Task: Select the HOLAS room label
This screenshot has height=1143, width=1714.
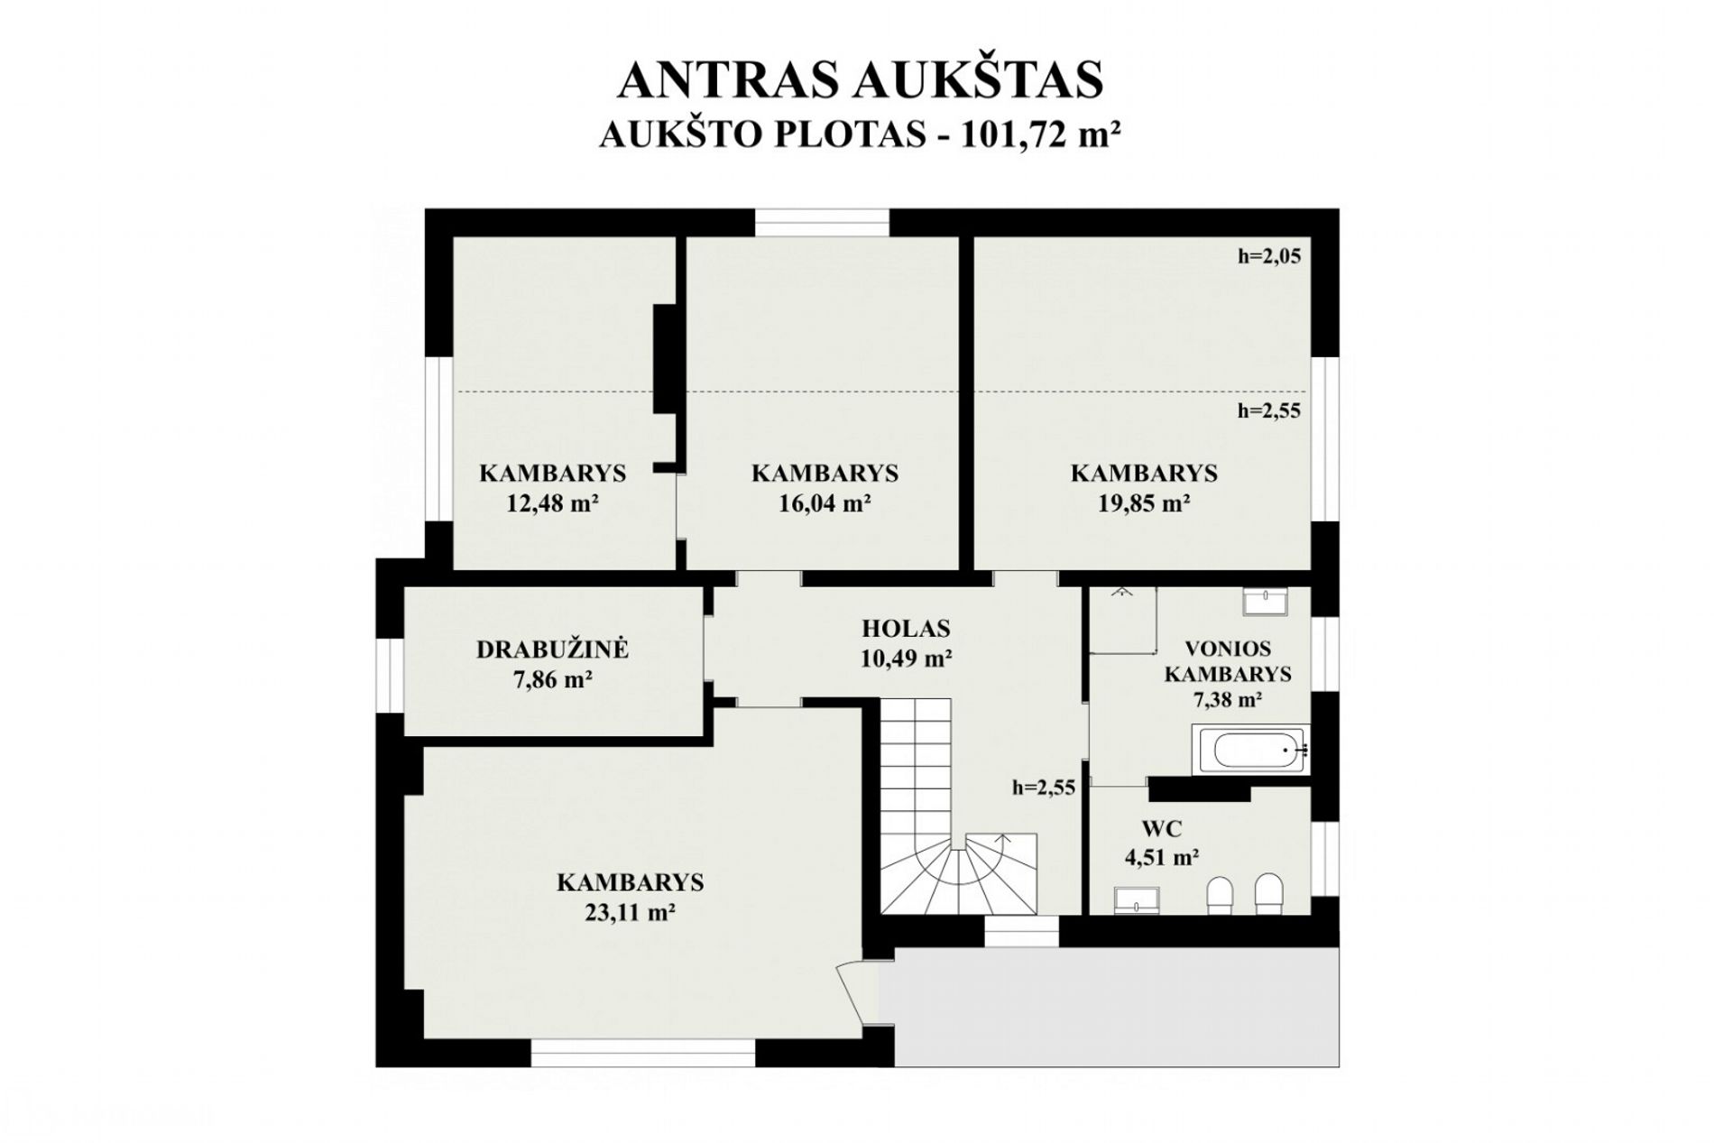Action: (906, 628)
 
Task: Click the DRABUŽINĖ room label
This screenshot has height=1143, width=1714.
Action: (552, 649)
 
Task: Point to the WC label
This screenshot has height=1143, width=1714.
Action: (1161, 828)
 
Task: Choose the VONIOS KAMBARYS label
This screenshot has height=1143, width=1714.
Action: (1227, 661)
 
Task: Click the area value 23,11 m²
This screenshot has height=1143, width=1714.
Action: (631, 912)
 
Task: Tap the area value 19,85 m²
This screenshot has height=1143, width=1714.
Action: (1143, 502)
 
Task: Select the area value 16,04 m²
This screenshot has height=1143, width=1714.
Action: (824, 502)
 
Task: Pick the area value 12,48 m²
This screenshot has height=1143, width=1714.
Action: (552, 502)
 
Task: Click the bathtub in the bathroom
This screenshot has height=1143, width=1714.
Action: (1250, 749)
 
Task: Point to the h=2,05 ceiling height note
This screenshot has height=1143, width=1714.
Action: (1268, 256)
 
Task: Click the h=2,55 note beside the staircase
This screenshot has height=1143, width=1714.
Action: (1044, 788)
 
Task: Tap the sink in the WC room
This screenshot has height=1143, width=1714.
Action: (1137, 899)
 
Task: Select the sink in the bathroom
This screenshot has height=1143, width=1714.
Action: (1265, 601)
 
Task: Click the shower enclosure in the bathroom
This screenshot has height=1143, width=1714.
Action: (1123, 620)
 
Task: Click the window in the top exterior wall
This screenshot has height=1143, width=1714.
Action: (822, 223)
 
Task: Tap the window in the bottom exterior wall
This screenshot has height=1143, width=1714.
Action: (642, 1053)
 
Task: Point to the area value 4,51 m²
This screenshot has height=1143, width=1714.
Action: (1161, 857)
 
